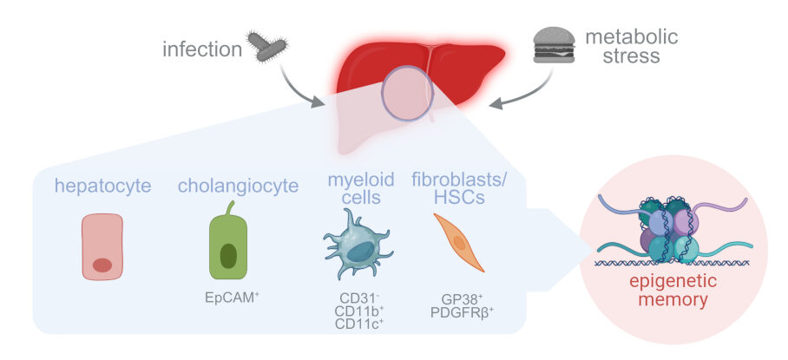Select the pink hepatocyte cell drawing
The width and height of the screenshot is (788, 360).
102,247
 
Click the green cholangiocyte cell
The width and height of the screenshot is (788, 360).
228,246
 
